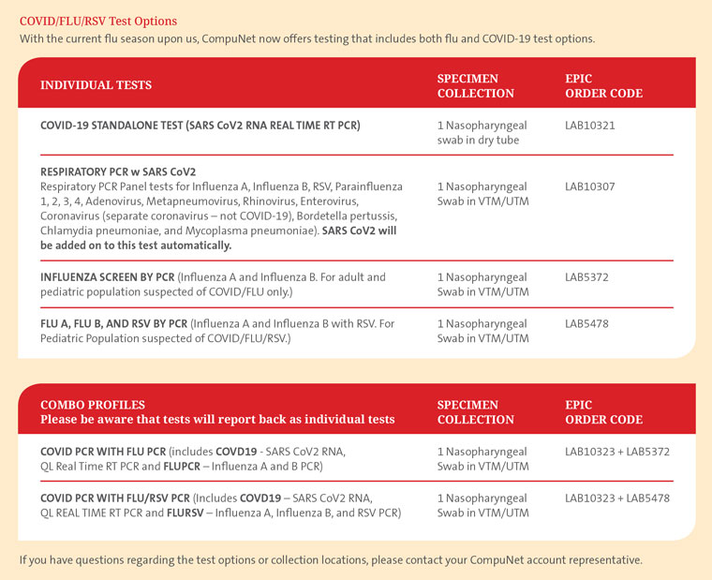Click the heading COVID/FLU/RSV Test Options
point(98,21)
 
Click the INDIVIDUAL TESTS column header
point(96,85)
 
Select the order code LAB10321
point(590,126)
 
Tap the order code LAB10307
point(590,186)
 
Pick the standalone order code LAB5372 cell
point(587,277)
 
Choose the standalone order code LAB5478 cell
point(587,323)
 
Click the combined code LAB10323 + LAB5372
point(617,452)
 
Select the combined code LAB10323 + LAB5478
point(617,498)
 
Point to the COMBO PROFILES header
point(93,405)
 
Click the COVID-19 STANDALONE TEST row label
point(200,126)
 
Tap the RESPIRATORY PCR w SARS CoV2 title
point(118,171)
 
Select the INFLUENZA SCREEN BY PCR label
point(107,277)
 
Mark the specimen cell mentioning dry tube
point(478,133)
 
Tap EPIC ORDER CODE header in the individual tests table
point(603,85)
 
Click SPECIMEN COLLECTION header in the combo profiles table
point(475,412)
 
